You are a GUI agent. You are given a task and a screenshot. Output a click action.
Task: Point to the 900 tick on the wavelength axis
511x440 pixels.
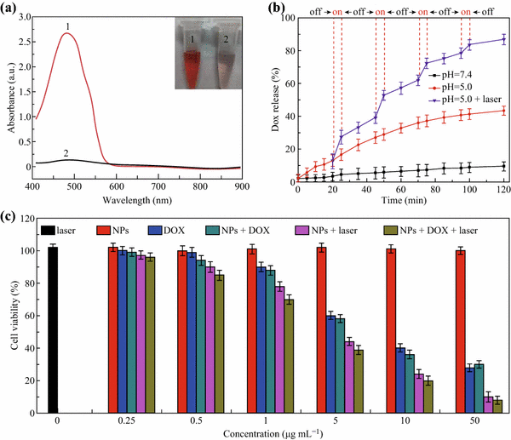(240, 186)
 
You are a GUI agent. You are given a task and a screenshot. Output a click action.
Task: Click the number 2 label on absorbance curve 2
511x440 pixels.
(66, 152)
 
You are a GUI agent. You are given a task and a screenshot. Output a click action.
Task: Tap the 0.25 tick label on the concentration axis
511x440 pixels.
(130, 419)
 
